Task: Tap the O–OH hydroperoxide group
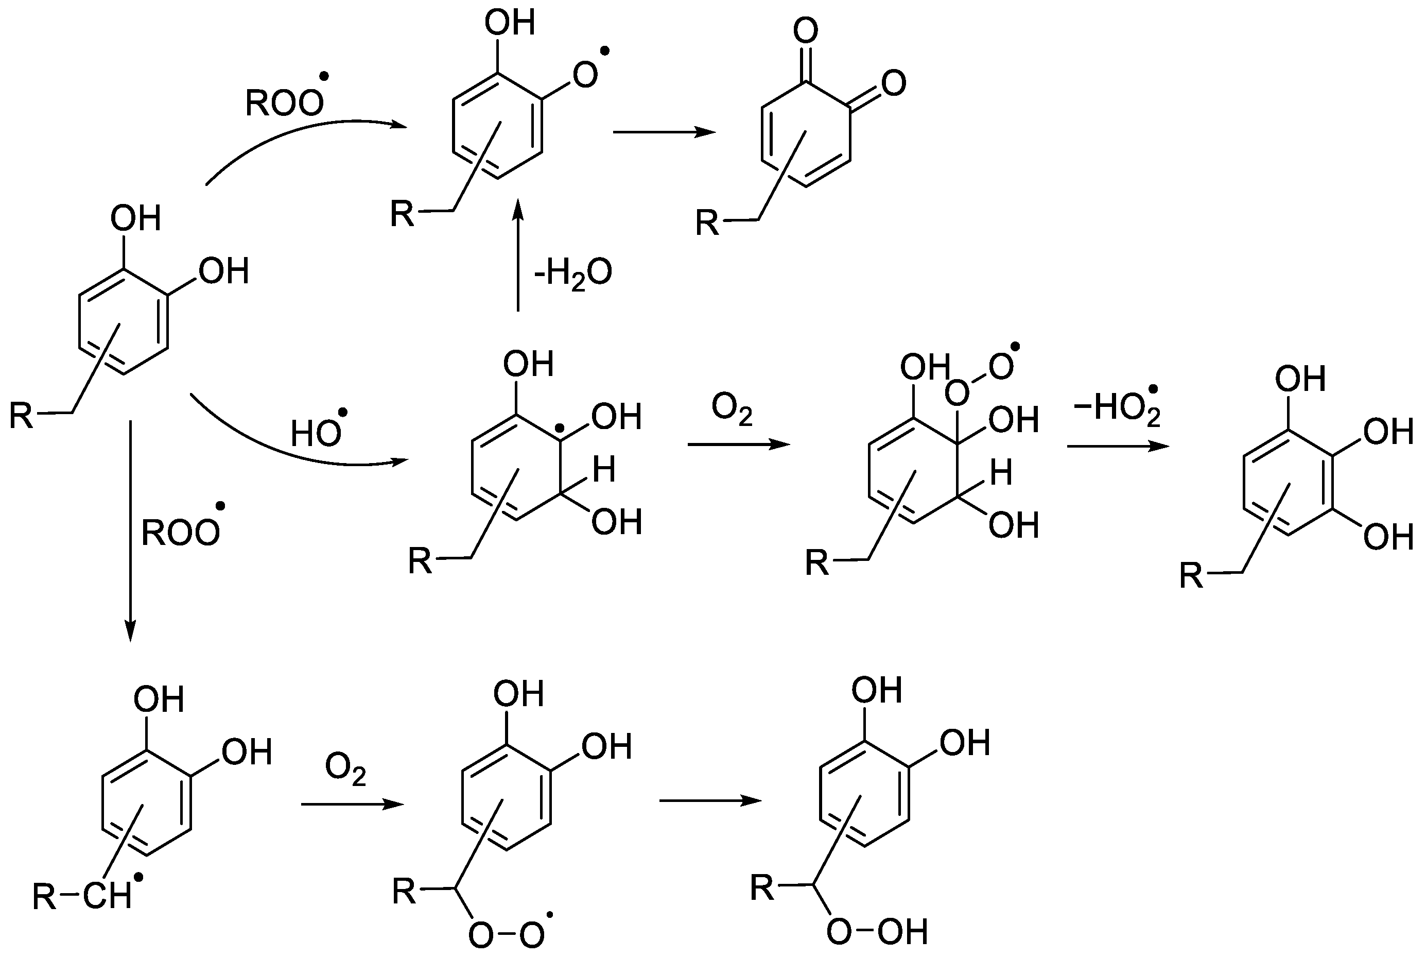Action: [x=877, y=932]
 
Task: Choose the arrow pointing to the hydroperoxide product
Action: [x=710, y=801]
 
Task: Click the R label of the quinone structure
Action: [x=707, y=224]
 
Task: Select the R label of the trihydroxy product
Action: [x=1191, y=575]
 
